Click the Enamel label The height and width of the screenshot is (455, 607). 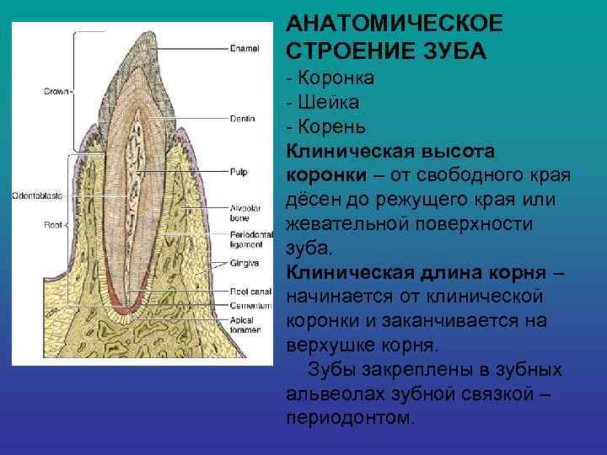pyautogui.click(x=244, y=48)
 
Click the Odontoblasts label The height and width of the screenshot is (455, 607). pyautogui.click(x=36, y=195)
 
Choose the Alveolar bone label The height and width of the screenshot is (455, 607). pyautogui.click(x=245, y=213)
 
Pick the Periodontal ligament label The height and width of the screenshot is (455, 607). pyautogui.click(x=250, y=238)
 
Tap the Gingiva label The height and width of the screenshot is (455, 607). pyautogui.click(x=244, y=262)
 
